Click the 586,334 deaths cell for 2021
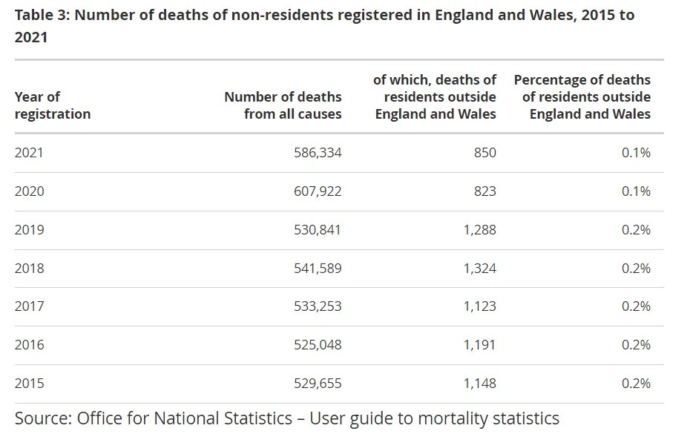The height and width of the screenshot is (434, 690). (318, 153)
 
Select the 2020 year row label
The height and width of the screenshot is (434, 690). (30, 191)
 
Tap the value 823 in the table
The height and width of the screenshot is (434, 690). (484, 191)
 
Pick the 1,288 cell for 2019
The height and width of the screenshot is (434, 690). (479, 230)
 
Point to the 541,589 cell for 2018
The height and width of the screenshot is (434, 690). (318, 268)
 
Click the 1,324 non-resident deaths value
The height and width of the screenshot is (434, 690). (479, 268)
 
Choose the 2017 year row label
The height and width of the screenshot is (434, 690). (30, 306)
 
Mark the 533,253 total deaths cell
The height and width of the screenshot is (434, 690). (318, 306)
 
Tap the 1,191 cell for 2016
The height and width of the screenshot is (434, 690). (479, 345)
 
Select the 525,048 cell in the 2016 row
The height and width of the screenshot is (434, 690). (318, 345)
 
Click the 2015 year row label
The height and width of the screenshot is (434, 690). (30, 384)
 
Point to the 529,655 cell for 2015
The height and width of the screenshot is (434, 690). (318, 384)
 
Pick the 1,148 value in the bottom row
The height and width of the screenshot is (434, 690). (479, 384)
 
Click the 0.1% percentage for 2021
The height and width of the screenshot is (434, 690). (636, 153)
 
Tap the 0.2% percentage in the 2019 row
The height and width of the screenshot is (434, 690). (636, 230)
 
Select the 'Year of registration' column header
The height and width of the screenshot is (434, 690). (52, 105)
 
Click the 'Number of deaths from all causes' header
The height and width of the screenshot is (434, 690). (283, 105)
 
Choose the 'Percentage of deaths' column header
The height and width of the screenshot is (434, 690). (582, 97)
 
